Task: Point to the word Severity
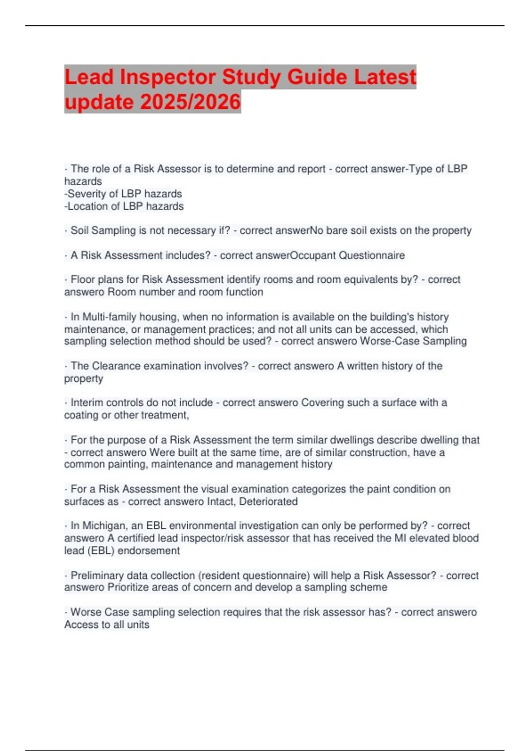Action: coord(87,193)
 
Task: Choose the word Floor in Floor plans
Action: coord(82,279)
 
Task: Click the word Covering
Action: coord(322,402)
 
